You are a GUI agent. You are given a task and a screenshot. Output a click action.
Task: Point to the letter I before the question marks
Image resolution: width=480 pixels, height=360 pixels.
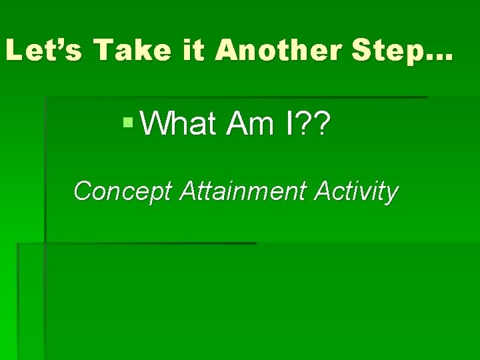pyautogui.click(x=290, y=123)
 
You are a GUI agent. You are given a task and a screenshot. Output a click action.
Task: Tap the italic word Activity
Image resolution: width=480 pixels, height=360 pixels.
pyautogui.click(x=357, y=192)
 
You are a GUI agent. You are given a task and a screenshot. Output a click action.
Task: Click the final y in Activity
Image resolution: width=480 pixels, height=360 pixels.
pyautogui.click(x=391, y=194)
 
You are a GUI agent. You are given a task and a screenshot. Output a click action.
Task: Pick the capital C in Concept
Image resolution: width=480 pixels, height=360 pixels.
pyautogui.click(x=83, y=191)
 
